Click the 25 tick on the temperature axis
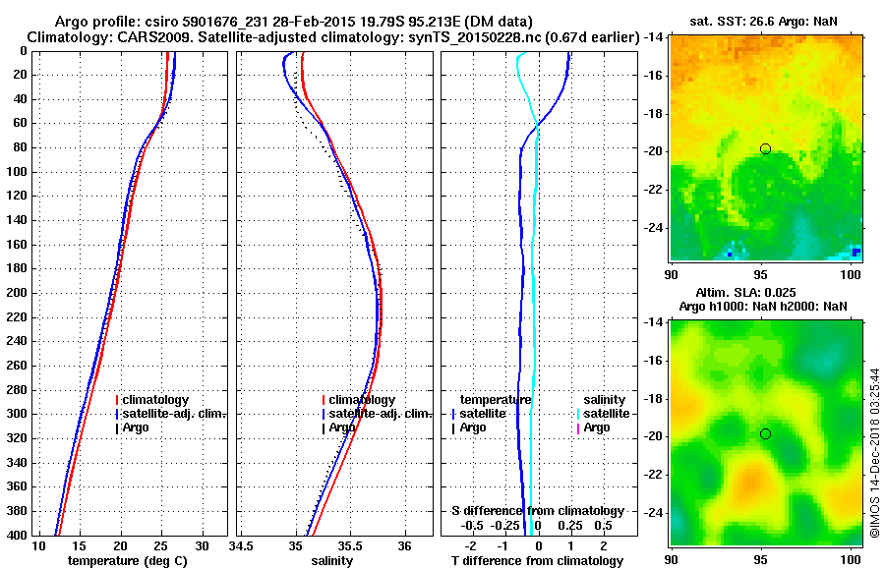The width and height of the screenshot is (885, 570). tap(161, 546)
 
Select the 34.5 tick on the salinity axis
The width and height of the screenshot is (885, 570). tap(242, 546)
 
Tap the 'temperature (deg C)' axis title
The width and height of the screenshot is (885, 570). tap(127, 561)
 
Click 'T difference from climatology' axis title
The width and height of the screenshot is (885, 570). tap(537, 561)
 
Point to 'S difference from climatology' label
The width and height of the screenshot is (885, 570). tap(537, 511)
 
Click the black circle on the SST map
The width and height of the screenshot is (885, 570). tap(765, 148)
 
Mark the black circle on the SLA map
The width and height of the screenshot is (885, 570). tap(765, 433)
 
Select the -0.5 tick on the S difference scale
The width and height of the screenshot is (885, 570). tap(473, 525)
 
